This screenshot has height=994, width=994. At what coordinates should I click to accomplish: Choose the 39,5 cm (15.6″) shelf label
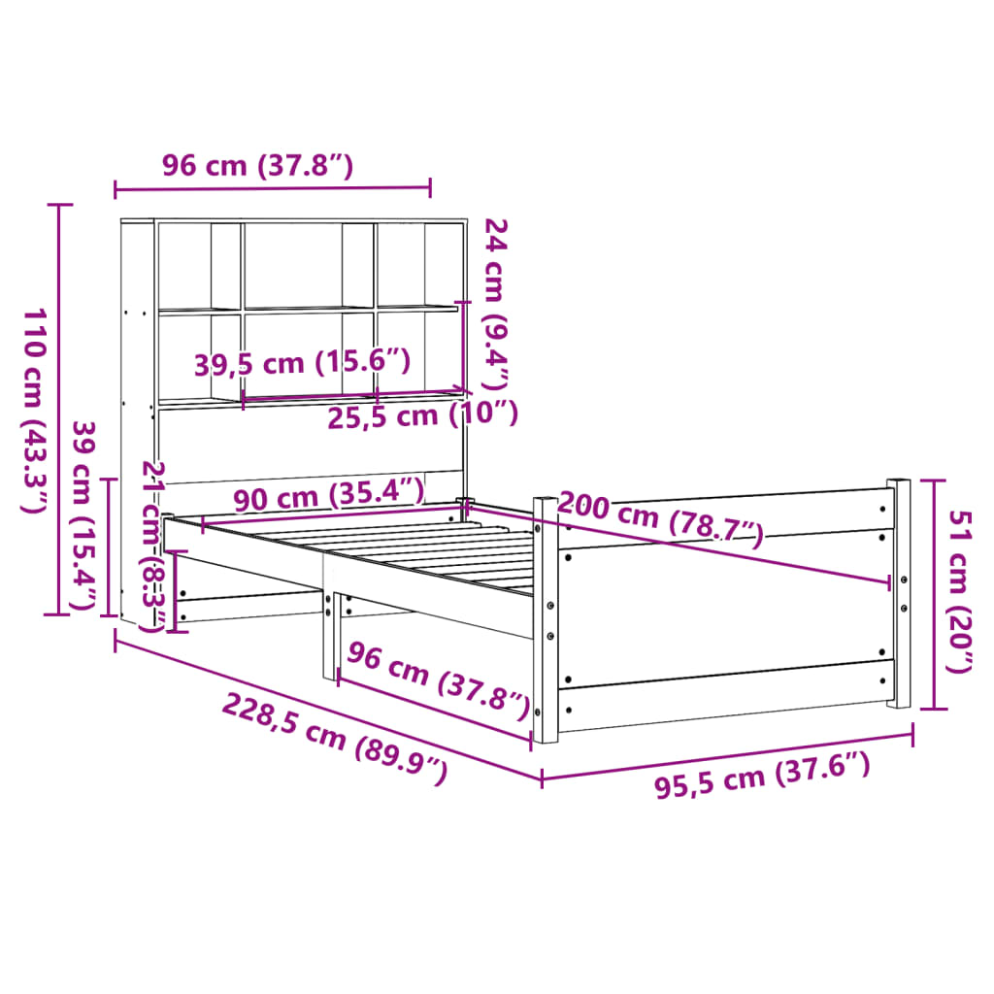click(x=302, y=364)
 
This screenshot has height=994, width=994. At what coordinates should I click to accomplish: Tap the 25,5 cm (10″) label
click(x=420, y=414)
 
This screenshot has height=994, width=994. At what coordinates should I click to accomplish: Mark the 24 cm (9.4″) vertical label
click(x=496, y=302)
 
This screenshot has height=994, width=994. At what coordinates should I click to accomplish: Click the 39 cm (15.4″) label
click(x=86, y=516)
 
